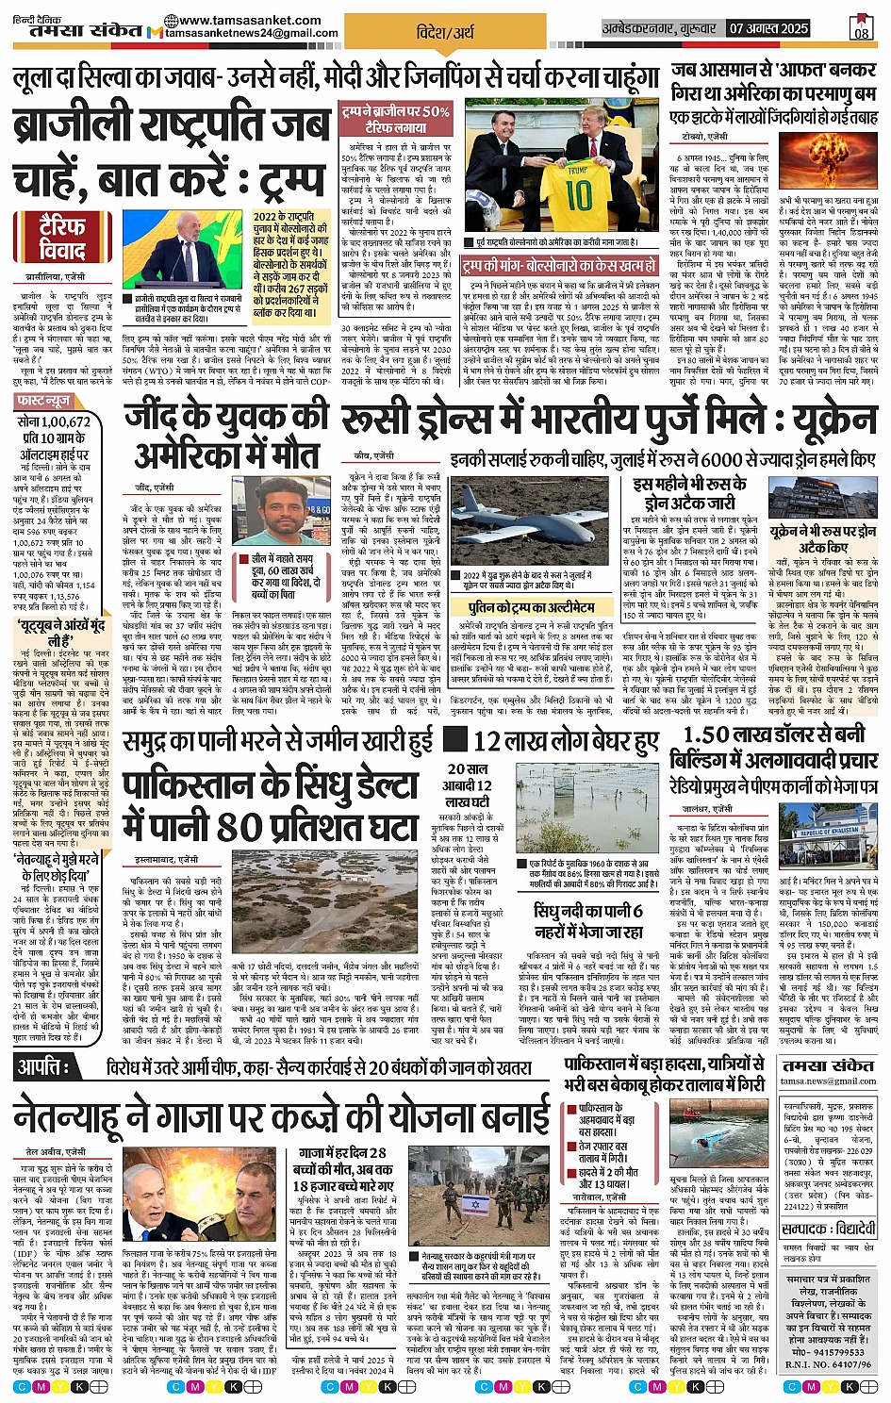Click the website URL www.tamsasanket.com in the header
click(x=249, y=20)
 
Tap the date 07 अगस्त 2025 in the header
click(x=768, y=29)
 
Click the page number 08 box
click(x=861, y=28)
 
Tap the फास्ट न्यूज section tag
click(x=43, y=401)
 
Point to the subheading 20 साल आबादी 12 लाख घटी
click(x=469, y=784)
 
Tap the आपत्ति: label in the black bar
click(x=44, y=1067)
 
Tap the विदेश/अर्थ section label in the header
click(x=445, y=32)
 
